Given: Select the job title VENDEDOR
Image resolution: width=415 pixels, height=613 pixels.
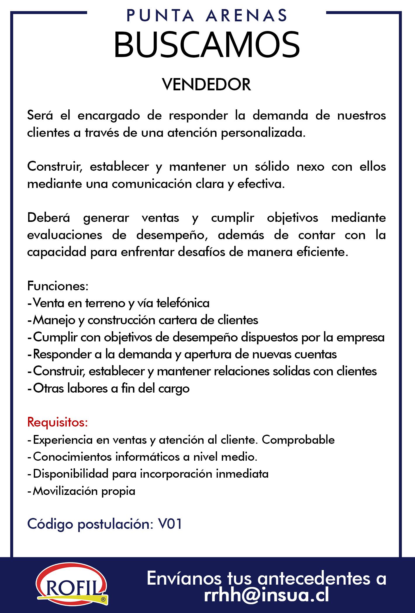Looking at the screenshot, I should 207,85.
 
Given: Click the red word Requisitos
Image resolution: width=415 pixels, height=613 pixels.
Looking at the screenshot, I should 58,422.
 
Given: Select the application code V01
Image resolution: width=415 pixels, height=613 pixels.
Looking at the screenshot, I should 170,524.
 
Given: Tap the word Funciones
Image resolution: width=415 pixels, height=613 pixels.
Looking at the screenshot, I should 58,286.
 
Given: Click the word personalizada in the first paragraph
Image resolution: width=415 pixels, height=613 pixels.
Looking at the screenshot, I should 263,133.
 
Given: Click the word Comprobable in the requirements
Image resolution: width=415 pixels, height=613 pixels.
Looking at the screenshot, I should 298,439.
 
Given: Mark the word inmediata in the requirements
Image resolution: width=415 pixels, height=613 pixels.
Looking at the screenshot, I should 242,474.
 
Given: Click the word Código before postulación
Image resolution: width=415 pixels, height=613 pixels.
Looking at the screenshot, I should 49,524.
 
